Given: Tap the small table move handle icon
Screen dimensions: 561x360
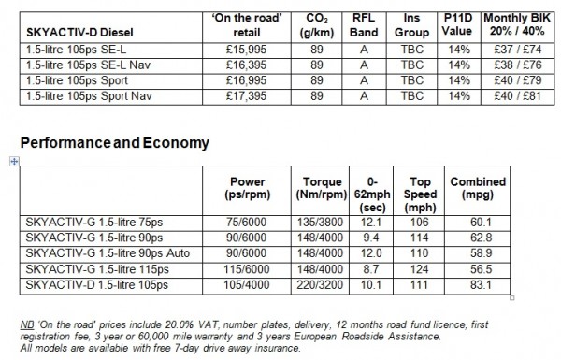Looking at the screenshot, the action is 12,162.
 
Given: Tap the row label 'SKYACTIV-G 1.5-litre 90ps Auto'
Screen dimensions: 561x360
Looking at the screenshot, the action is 112,252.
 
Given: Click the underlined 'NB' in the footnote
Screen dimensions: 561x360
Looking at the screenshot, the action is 27,323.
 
